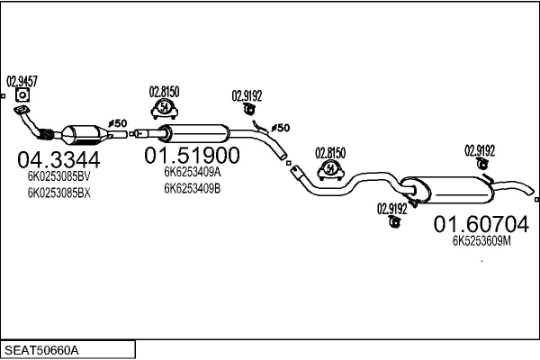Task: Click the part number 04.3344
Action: coord(58,160)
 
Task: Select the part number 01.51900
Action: coord(192,156)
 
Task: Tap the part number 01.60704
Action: coord(481,224)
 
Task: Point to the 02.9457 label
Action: coord(22,82)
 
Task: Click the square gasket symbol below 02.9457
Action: coord(22,95)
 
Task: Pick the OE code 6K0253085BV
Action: coord(58,176)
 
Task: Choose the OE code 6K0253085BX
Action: coord(58,193)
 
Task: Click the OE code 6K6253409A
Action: coord(193,172)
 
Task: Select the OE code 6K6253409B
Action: coord(193,188)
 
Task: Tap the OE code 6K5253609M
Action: coord(481,241)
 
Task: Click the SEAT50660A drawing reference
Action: coord(41,350)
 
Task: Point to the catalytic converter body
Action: coord(85,135)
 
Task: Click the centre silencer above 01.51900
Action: coord(193,134)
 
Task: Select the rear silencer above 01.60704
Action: coord(447,190)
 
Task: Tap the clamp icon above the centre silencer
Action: coord(165,109)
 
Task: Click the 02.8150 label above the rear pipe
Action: coord(330,153)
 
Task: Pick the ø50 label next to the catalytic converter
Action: coord(117,123)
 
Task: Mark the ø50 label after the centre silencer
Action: coord(280,128)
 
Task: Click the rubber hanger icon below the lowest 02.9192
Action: coord(393,222)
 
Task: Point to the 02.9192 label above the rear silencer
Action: coord(480,151)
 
